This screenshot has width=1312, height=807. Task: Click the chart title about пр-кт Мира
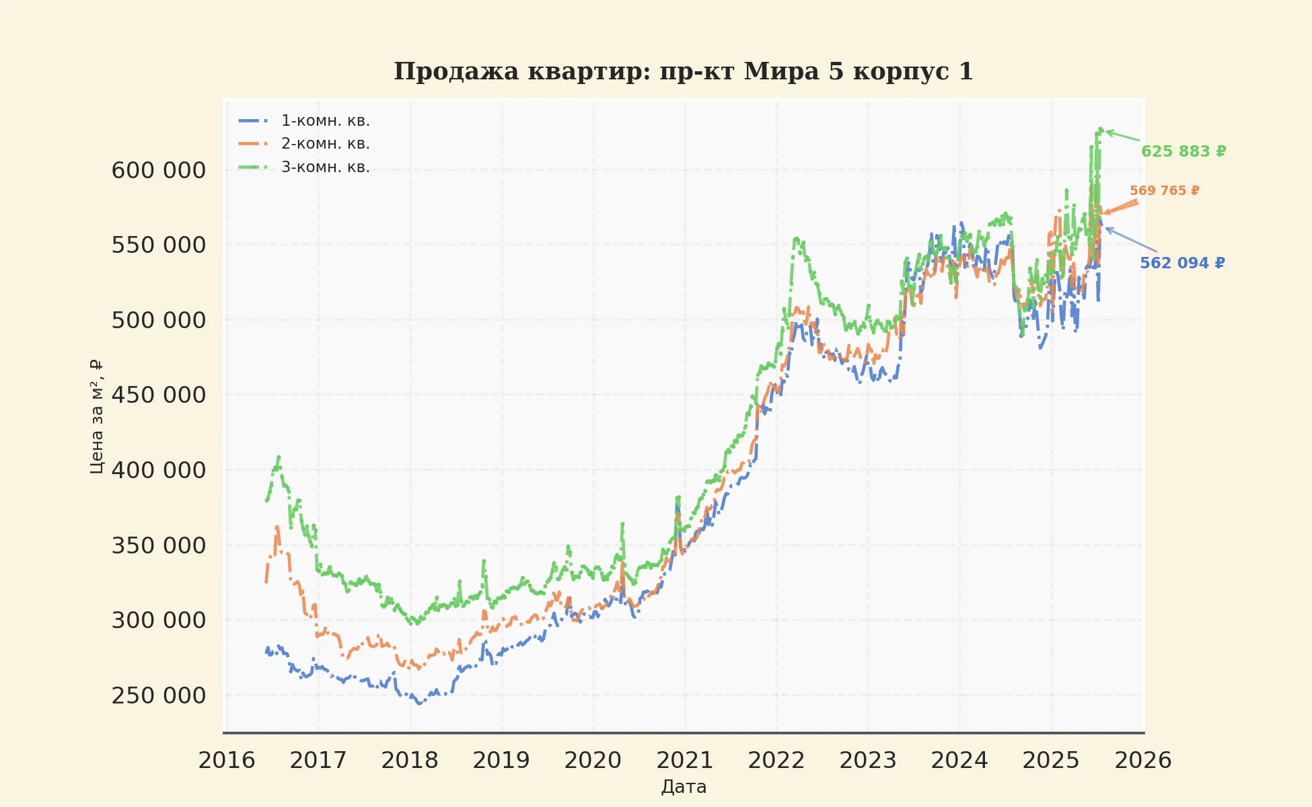(683, 71)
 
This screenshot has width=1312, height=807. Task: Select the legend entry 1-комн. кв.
(325, 121)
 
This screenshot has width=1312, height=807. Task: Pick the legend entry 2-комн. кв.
(325, 144)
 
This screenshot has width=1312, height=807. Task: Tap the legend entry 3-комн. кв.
(325, 167)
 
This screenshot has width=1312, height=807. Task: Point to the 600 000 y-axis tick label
(159, 171)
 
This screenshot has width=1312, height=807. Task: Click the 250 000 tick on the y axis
(159, 695)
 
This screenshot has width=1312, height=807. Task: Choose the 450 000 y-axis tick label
(159, 395)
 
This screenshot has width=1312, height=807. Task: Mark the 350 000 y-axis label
(159, 545)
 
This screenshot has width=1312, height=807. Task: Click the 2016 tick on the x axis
(227, 761)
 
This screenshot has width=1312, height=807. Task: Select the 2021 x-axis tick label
(684, 761)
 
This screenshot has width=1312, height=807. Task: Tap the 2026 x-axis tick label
(1142, 761)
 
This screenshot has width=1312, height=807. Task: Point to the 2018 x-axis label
(410, 761)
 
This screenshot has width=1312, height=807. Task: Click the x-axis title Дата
(684, 787)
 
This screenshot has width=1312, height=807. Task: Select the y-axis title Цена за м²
(97, 417)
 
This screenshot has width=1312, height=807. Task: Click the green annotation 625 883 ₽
(1183, 152)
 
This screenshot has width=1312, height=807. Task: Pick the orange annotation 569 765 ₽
(1164, 191)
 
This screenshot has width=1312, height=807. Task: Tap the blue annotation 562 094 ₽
(1182, 264)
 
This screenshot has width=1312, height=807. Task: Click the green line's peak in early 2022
(797, 238)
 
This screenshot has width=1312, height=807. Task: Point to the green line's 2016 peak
(279, 457)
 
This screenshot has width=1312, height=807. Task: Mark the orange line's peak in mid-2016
(277, 527)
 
